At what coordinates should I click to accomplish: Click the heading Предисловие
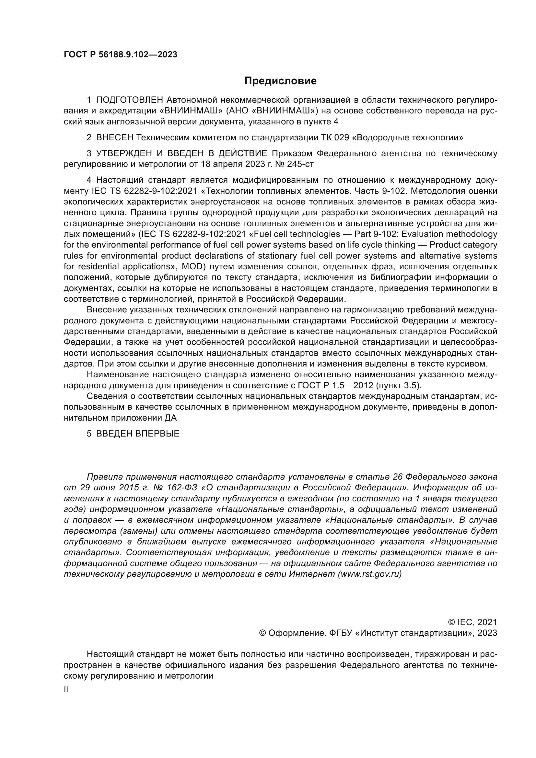(x=280, y=81)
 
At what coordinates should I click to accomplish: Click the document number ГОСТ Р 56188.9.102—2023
(x=121, y=54)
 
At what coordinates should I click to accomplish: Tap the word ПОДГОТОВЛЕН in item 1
(x=130, y=100)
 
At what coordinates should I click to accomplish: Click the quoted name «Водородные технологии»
(x=408, y=137)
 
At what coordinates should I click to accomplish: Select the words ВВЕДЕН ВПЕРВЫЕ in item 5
(x=138, y=434)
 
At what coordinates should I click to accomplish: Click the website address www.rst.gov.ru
(x=370, y=574)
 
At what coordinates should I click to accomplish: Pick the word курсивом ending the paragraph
(x=468, y=364)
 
